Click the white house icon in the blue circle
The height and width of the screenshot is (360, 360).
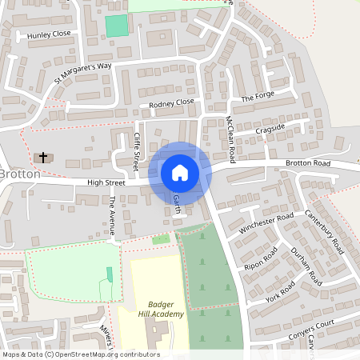[x=180, y=172]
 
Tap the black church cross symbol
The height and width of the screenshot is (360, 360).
[x=42, y=157]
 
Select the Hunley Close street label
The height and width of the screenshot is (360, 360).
[x=49, y=35]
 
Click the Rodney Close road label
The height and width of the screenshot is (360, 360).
[x=171, y=102]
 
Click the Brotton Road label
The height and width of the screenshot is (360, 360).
[x=308, y=163]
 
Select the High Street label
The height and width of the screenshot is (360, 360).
[x=107, y=183]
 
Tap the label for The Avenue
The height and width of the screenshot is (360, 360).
[x=113, y=215]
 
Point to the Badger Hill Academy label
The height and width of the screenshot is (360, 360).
[x=166, y=309]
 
